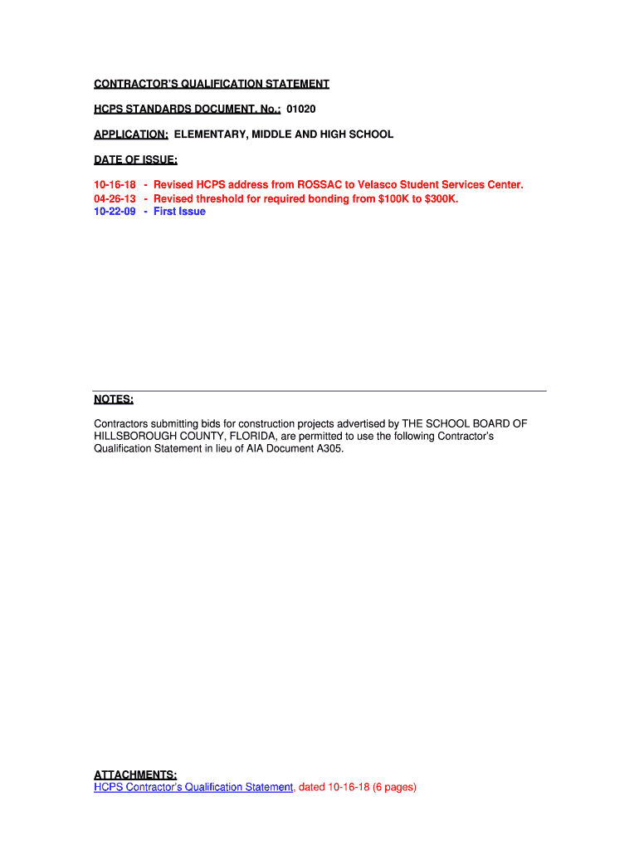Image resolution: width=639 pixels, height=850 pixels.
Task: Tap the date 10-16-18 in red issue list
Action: point(115,184)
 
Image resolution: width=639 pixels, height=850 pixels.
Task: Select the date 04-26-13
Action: point(115,199)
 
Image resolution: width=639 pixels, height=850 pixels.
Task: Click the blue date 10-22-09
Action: point(115,212)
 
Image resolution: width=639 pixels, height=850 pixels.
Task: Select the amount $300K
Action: point(440,199)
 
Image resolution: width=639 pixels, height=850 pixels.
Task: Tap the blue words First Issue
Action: point(179,212)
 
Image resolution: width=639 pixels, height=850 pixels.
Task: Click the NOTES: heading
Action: point(114,399)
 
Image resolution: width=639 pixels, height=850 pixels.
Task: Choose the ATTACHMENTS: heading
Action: point(134,775)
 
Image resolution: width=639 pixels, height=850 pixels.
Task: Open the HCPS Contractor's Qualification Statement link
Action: point(193,787)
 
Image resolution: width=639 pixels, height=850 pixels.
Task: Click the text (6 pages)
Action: point(394,787)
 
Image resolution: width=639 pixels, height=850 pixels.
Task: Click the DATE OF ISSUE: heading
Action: point(135,159)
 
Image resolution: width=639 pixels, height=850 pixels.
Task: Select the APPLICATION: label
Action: point(131,134)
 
